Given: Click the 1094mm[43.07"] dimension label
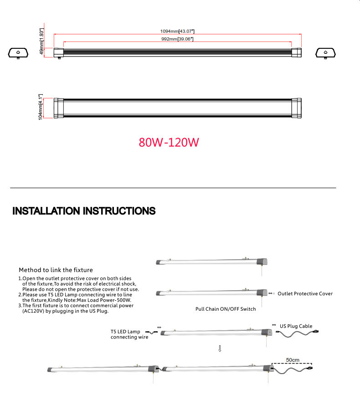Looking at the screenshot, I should (x=177, y=31).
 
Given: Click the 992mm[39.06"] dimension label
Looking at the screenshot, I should (x=177, y=39).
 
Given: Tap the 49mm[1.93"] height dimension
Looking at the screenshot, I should (x=42, y=41).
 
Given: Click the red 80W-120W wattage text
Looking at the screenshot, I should (x=169, y=143).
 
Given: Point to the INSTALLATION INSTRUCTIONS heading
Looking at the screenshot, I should (x=84, y=211).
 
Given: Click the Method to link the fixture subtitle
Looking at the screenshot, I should (x=56, y=270).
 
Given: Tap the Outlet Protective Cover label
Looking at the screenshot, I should (x=305, y=294).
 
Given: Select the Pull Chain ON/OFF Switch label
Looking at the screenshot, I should (x=226, y=309).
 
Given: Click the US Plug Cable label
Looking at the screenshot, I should (x=296, y=326).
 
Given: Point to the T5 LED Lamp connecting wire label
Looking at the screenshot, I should (x=129, y=334).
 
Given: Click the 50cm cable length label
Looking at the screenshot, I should (x=293, y=360).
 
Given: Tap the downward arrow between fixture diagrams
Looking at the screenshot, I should (x=220, y=349).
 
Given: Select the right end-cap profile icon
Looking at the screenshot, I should (x=325, y=53).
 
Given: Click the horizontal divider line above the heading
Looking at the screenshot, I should (x=173, y=188).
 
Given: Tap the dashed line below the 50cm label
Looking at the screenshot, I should (x=292, y=364).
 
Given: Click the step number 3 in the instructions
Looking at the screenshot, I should (x=20, y=306).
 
